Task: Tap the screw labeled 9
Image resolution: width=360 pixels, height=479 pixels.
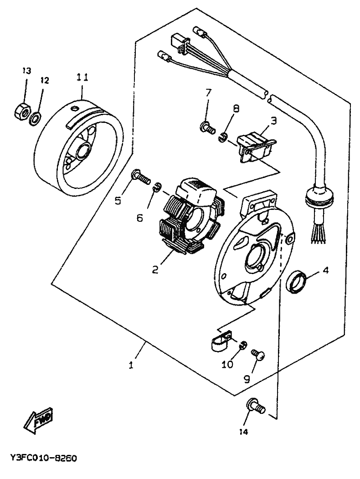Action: pos(258,355)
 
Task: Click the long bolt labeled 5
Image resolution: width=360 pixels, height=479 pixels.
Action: pos(141,177)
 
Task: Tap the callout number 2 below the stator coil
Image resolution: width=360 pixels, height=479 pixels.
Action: pos(155,270)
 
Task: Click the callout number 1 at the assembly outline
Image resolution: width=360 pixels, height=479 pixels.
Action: pos(131,365)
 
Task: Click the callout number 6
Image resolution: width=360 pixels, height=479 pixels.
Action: pos(139,218)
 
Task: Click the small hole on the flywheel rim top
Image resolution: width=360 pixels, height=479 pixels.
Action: pos(75,108)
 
